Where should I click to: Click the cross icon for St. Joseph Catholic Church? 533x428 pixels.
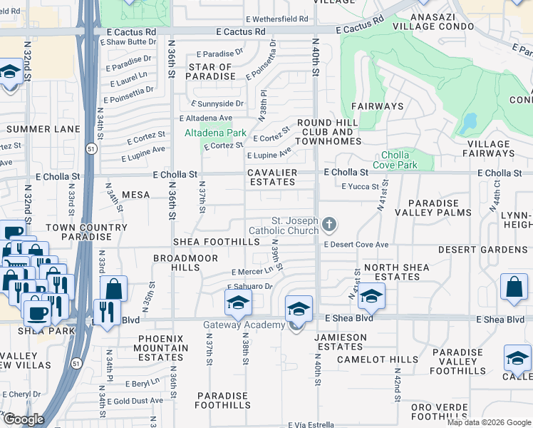point(328,225)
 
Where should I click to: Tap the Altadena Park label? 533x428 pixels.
point(215,133)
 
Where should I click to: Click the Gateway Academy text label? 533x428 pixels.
point(243,325)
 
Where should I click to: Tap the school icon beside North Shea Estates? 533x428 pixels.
point(371,295)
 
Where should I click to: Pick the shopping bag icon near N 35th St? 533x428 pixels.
point(113,289)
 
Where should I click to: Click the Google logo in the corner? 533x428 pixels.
point(24,419)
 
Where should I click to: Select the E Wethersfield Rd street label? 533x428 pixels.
point(276,19)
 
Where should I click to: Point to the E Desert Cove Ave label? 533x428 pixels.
point(356,245)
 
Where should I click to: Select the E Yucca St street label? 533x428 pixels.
point(360,187)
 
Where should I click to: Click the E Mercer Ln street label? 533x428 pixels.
point(252,272)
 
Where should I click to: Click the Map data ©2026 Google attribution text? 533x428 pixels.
point(489,422)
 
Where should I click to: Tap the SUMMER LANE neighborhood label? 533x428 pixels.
point(43,129)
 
